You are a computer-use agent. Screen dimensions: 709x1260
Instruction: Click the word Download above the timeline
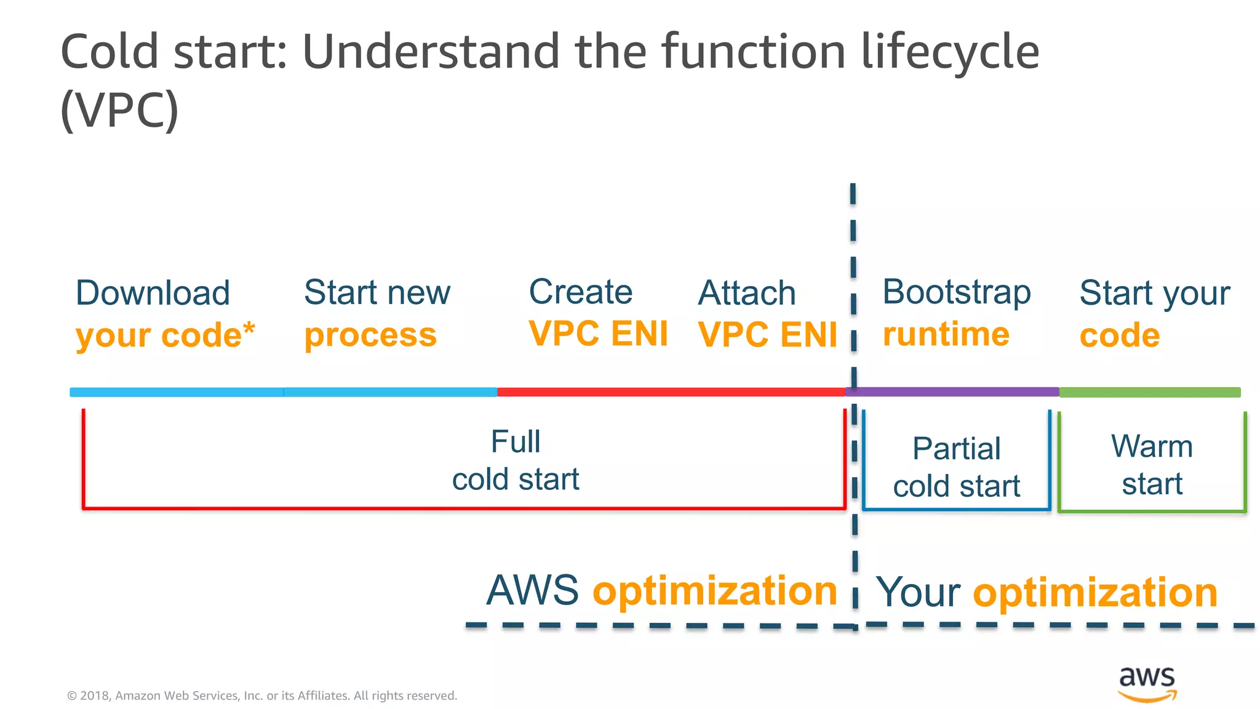(153, 293)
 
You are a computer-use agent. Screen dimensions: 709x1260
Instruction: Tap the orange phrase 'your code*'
(164, 335)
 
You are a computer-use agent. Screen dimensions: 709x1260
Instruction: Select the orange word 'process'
(370, 335)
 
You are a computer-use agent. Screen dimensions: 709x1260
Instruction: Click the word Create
(580, 292)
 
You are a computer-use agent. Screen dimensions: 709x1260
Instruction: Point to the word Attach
(746, 293)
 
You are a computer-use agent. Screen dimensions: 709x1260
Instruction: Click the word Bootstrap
(956, 292)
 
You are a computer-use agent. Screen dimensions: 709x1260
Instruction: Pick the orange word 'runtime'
(946, 335)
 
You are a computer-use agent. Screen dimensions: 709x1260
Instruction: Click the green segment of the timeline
(1149, 392)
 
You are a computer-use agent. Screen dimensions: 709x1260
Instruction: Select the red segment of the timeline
(671, 392)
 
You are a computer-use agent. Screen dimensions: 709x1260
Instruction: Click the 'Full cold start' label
(516, 460)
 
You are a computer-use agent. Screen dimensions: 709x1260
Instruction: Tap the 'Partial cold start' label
(956, 467)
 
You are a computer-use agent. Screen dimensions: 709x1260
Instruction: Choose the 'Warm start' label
(1152, 465)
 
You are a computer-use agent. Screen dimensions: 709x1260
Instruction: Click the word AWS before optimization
(532, 590)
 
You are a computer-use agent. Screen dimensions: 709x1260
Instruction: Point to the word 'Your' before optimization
(917, 593)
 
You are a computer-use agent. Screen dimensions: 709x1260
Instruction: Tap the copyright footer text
(261, 695)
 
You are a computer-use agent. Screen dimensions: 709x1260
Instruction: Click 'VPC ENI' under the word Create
(598, 334)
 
